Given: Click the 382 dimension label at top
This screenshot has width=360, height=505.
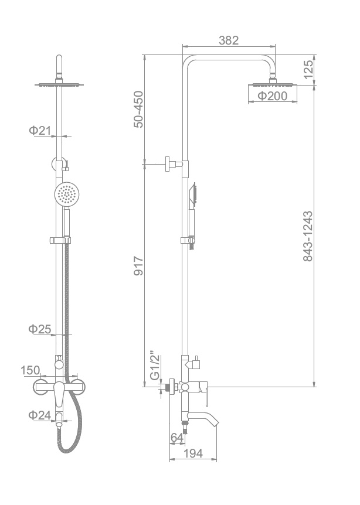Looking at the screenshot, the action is [x=229, y=40].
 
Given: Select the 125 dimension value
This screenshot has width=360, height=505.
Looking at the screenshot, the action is [x=308, y=69].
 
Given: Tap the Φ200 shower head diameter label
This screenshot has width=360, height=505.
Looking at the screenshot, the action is [x=273, y=95].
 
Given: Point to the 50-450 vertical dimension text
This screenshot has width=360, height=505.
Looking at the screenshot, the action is [x=138, y=110].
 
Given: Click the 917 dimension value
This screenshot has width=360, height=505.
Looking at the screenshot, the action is [x=138, y=266].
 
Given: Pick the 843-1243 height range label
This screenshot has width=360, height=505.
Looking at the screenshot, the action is [x=308, y=236].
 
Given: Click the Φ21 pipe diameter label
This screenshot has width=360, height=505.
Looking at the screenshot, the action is [x=40, y=131].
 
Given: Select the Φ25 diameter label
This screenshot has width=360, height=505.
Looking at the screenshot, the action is [x=40, y=329].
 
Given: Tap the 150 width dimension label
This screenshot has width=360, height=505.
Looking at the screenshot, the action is [x=30, y=370].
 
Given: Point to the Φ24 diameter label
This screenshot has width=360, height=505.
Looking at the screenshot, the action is [x=40, y=415].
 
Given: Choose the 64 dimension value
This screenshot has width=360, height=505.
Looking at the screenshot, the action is [x=177, y=438].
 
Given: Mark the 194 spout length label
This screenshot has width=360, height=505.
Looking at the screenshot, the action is [x=193, y=453].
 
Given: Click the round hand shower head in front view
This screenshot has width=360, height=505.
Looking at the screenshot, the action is [x=66, y=194].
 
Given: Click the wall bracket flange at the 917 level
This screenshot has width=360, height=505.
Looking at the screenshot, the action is [x=168, y=164].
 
